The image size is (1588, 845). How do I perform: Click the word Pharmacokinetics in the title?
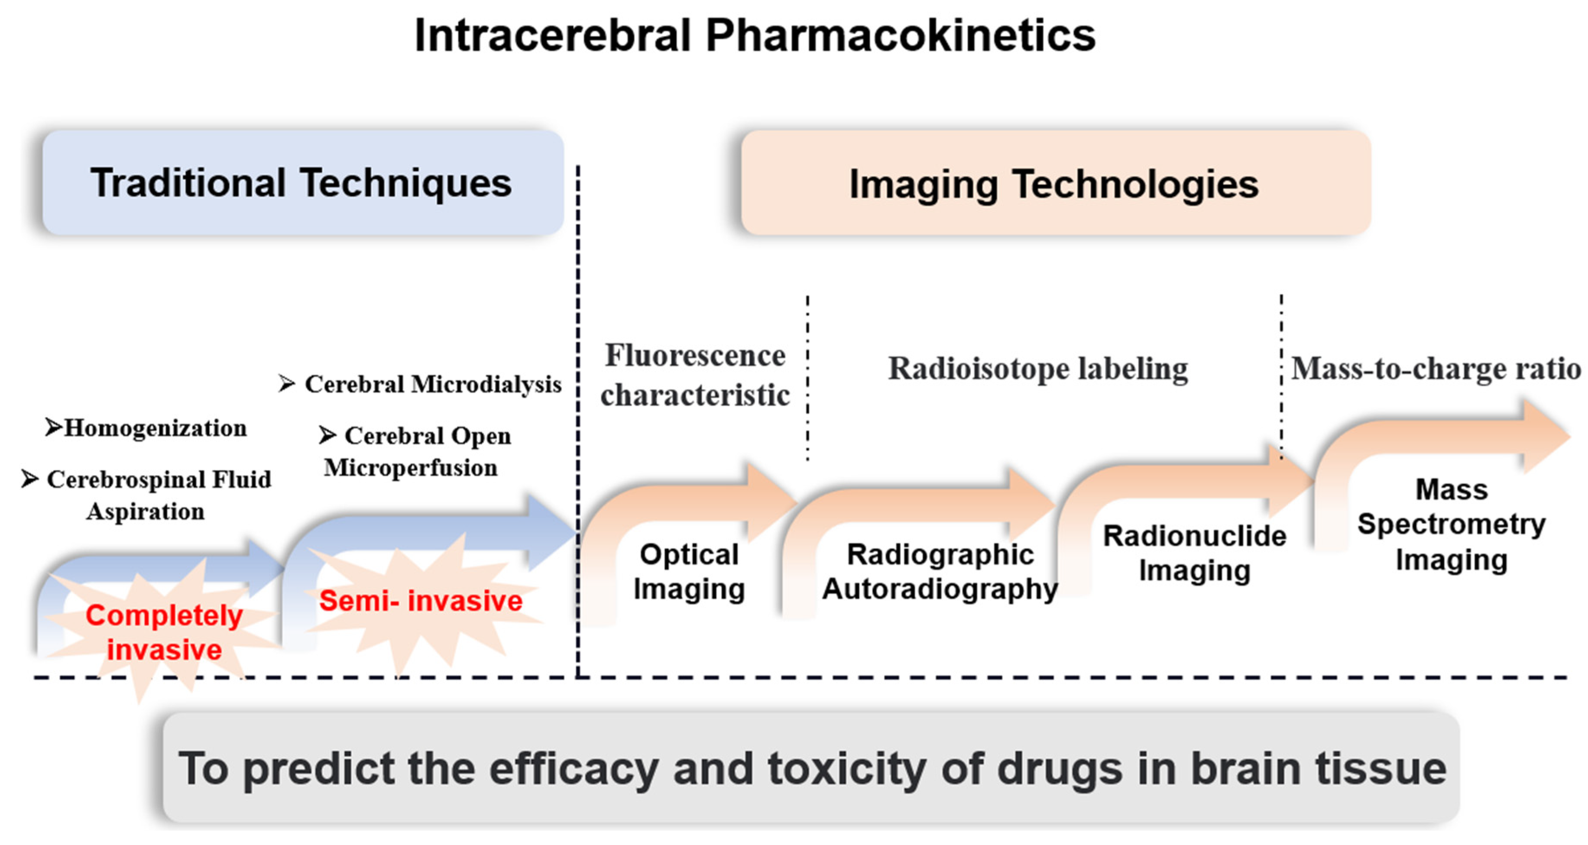click(900, 36)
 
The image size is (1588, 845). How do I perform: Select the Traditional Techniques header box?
click(302, 183)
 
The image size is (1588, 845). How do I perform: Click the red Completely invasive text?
click(164, 632)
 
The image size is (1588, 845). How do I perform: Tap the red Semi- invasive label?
click(421, 600)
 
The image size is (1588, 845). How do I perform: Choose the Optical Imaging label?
click(689, 571)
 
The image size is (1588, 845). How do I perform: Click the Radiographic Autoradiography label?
click(940, 571)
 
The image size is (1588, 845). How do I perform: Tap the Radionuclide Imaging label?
click(1195, 553)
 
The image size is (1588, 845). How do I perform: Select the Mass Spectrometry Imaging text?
click(1452, 524)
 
